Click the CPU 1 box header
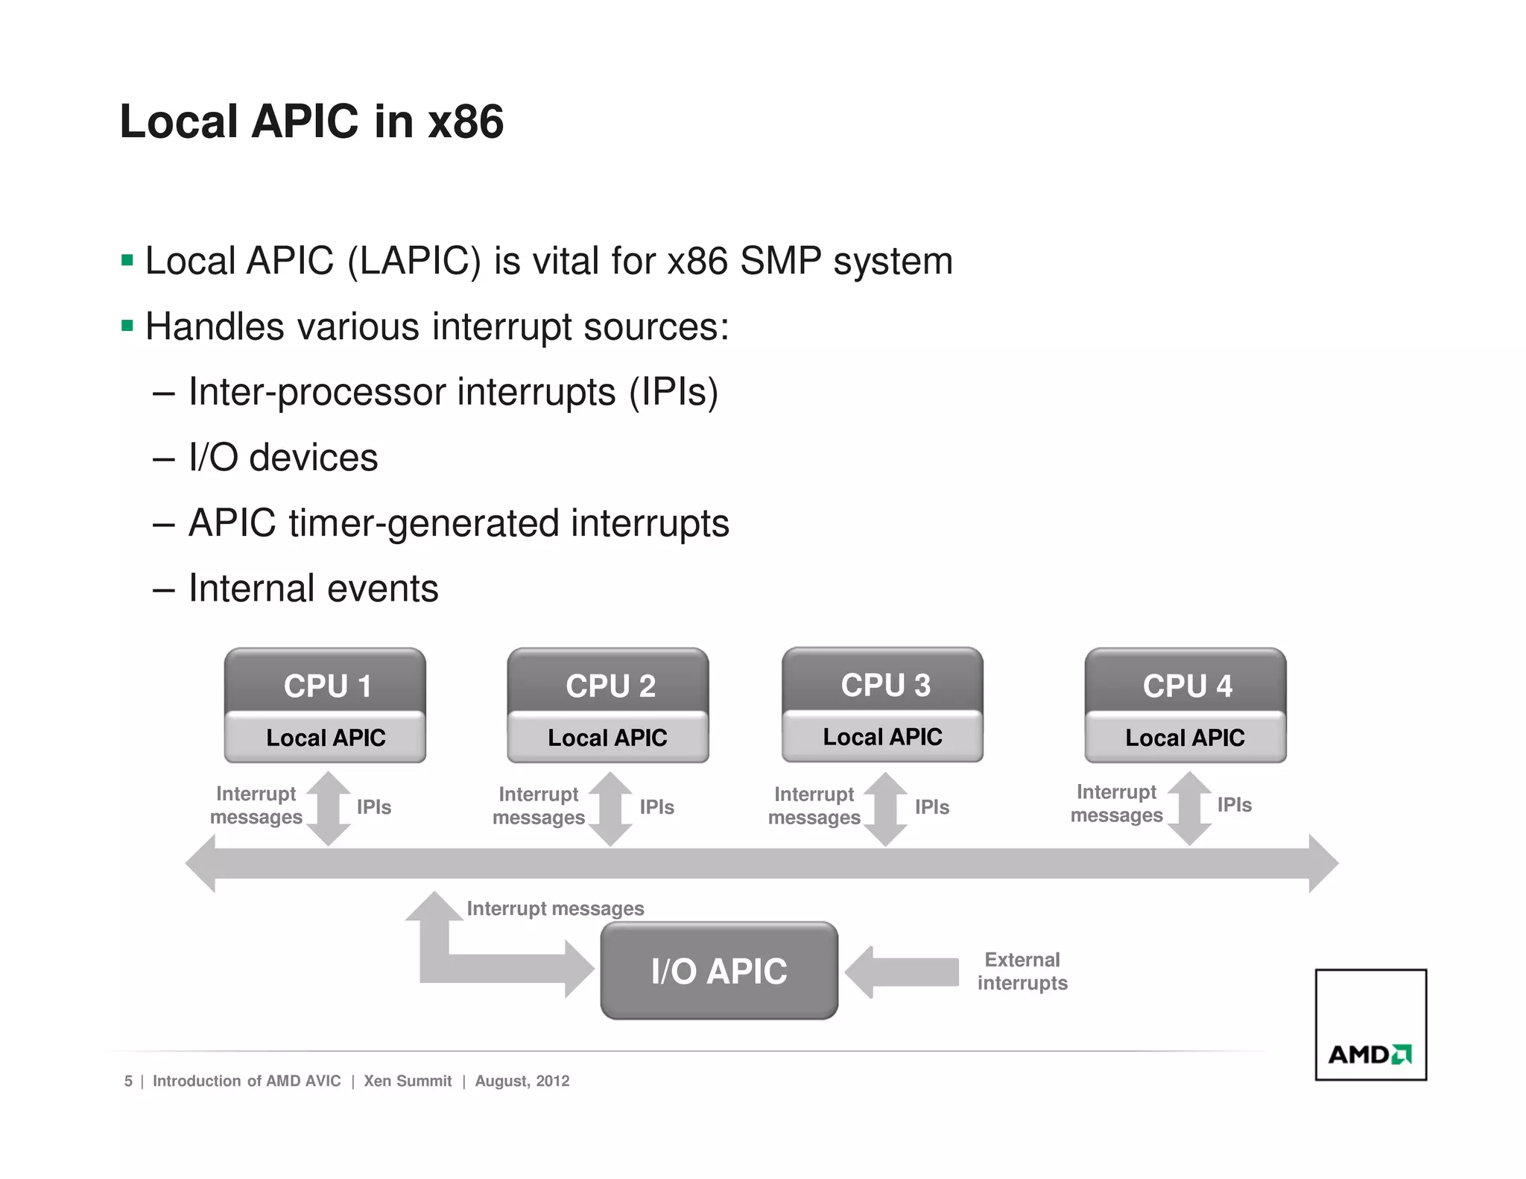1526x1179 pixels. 326,684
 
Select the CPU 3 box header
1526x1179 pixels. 884,683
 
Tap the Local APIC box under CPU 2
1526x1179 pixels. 607,737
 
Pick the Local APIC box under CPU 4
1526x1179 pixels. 1185,737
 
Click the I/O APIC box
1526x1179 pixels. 719,970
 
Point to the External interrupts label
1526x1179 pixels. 1022,970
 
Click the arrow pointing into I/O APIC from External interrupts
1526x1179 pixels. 902,972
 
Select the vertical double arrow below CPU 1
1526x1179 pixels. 329,809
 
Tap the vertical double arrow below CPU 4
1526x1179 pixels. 1189,809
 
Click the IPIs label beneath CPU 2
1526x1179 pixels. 656,807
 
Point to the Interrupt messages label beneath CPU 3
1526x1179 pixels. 814,806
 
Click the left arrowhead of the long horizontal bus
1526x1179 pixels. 201,863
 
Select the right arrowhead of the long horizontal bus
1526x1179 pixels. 1323,863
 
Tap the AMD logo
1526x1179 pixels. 1370,1054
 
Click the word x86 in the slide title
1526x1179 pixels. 466,121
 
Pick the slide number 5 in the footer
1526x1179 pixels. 128,1081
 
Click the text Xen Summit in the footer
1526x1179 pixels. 408,1081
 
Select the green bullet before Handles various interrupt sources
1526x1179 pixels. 127,326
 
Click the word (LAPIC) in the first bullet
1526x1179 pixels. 414,262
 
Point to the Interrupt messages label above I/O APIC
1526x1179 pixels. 555,908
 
